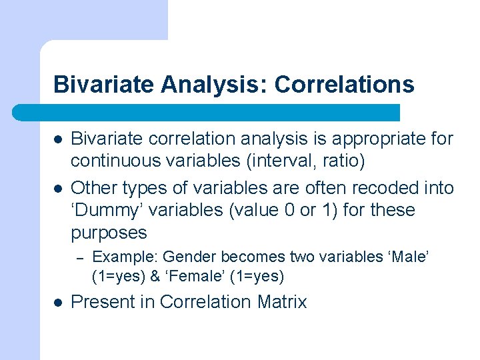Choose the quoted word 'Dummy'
[109, 211]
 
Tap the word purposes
[109, 233]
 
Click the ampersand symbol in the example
[158, 276]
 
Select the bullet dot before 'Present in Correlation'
[59, 302]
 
